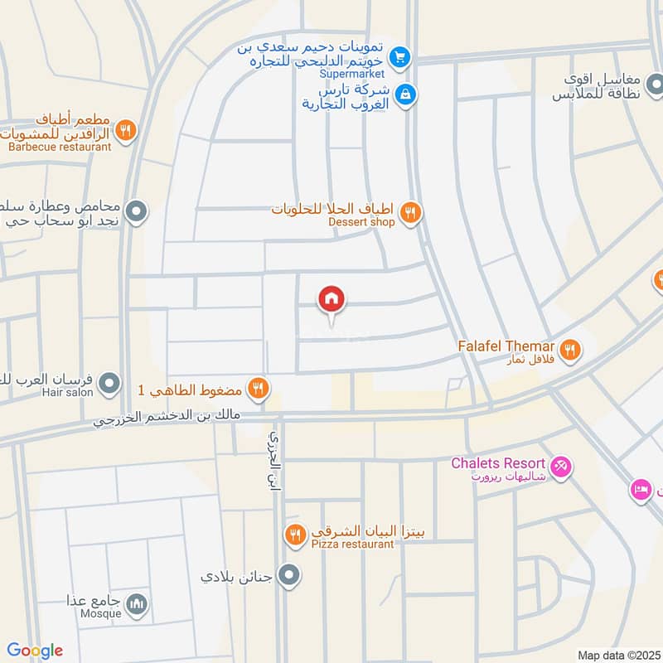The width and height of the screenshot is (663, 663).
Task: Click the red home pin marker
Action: (x=331, y=300)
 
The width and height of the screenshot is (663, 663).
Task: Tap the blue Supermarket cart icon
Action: (x=400, y=57)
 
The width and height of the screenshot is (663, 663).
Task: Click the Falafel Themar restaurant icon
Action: (x=569, y=350)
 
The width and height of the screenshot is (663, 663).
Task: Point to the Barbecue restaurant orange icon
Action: (x=125, y=129)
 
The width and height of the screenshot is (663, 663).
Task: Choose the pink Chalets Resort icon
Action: (x=561, y=467)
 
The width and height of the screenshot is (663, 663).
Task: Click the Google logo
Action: (x=35, y=651)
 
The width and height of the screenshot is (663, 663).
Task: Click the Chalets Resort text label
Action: (x=497, y=463)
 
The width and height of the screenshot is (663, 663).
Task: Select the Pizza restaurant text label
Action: (x=341, y=544)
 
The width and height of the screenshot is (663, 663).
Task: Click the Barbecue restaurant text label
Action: (x=60, y=147)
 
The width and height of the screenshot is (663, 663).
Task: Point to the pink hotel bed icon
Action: (x=641, y=489)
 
